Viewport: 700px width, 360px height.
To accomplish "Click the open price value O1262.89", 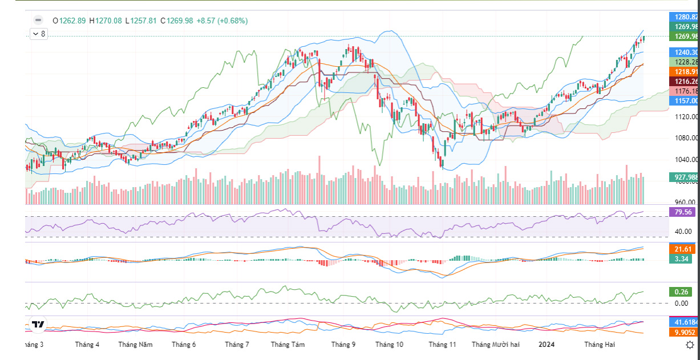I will pyautogui.click(x=69, y=21).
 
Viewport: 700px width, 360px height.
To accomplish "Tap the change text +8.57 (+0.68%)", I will pyautogui.click(x=222, y=21).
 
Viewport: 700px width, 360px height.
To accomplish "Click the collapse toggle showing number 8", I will pyautogui.click(x=39, y=34).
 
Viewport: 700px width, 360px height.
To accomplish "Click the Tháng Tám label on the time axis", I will pyautogui.click(x=288, y=345).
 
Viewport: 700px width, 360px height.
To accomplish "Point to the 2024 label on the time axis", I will pyautogui.click(x=547, y=345).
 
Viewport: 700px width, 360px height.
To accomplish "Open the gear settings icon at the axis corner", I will pyautogui.click(x=690, y=345).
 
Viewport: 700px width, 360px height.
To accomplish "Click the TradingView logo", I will pyautogui.click(x=38, y=325).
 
